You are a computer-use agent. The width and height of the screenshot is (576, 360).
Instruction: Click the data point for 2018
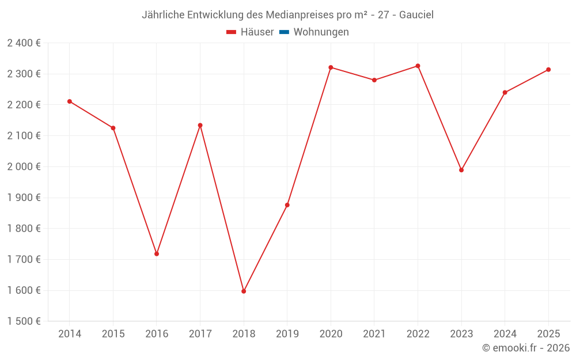click(244, 291)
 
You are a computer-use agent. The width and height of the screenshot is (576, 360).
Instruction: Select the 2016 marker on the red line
click(157, 254)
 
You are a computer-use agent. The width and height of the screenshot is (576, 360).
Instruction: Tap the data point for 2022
click(418, 66)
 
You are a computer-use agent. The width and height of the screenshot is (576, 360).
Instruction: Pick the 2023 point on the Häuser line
click(461, 170)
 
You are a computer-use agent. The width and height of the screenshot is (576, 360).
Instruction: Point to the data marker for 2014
click(70, 101)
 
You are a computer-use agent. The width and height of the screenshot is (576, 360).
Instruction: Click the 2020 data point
click(331, 67)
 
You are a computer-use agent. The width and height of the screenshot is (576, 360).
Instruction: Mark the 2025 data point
click(548, 70)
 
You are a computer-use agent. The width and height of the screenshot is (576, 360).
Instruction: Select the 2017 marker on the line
click(200, 125)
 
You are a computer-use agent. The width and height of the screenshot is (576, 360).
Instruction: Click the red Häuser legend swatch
click(232, 32)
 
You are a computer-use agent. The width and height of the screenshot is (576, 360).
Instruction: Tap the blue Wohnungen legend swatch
click(284, 32)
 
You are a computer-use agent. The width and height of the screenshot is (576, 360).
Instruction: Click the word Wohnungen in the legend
click(321, 32)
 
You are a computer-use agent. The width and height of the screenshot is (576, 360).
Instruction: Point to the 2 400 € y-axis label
click(24, 43)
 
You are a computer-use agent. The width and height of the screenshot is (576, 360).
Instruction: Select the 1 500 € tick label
click(24, 321)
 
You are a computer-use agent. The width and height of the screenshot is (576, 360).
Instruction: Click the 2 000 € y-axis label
click(24, 167)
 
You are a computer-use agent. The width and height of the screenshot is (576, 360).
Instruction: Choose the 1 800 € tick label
click(24, 229)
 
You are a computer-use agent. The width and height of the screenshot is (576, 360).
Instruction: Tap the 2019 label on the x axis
click(287, 334)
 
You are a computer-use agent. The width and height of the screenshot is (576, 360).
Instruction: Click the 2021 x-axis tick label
click(374, 334)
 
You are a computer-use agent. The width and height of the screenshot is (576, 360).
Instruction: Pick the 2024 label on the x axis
click(505, 334)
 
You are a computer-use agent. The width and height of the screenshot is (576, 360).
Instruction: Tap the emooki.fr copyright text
click(526, 348)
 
